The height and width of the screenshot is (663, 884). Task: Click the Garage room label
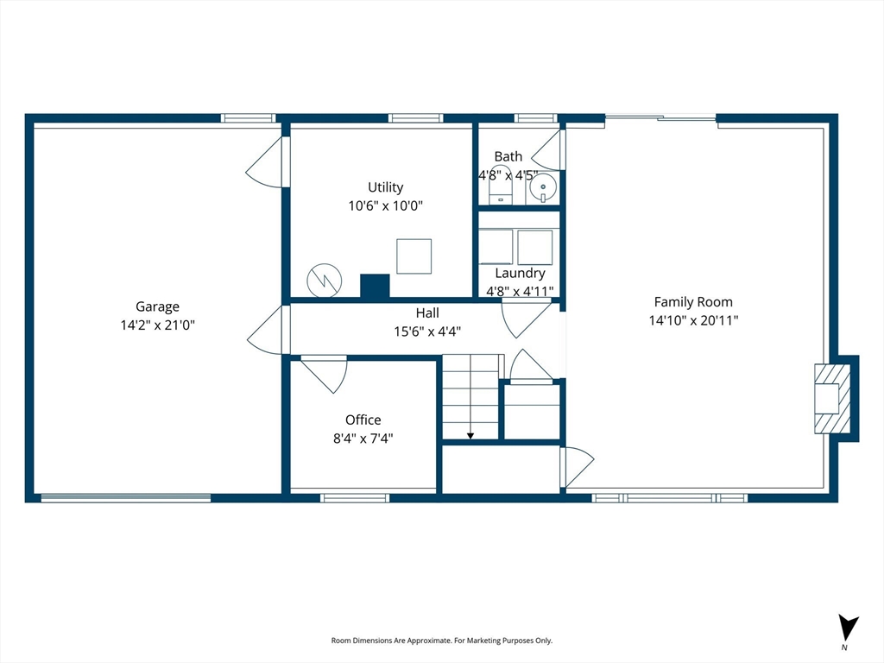[x=157, y=306]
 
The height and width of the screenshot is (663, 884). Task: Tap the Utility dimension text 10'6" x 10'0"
[x=386, y=205]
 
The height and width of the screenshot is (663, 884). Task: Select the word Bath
[x=508, y=157]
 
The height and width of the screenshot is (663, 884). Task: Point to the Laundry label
[x=520, y=274]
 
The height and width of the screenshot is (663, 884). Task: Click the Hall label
[x=427, y=313]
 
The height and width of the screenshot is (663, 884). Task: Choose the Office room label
[x=363, y=420]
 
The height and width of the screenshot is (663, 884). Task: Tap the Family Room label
[x=693, y=302]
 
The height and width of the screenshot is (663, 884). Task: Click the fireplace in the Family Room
[x=832, y=399]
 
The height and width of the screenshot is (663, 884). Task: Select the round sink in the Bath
[x=543, y=186]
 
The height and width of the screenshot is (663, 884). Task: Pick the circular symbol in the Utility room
[x=325, y=281]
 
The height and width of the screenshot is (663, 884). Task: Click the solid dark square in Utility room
[x=375, y=286]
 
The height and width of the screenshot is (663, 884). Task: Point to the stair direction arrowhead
[x=470, y=436]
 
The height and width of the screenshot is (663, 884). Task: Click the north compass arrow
[x=847, y=628]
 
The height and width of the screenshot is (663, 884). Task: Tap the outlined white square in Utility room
[x=414, y=256]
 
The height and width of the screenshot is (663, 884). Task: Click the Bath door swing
[x=546, y=149]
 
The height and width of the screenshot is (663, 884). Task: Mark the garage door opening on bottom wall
[x=126, y=497]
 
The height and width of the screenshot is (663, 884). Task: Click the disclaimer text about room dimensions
[x=441, y=641]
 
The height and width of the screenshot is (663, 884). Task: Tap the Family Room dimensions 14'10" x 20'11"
[x=693, y=321]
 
